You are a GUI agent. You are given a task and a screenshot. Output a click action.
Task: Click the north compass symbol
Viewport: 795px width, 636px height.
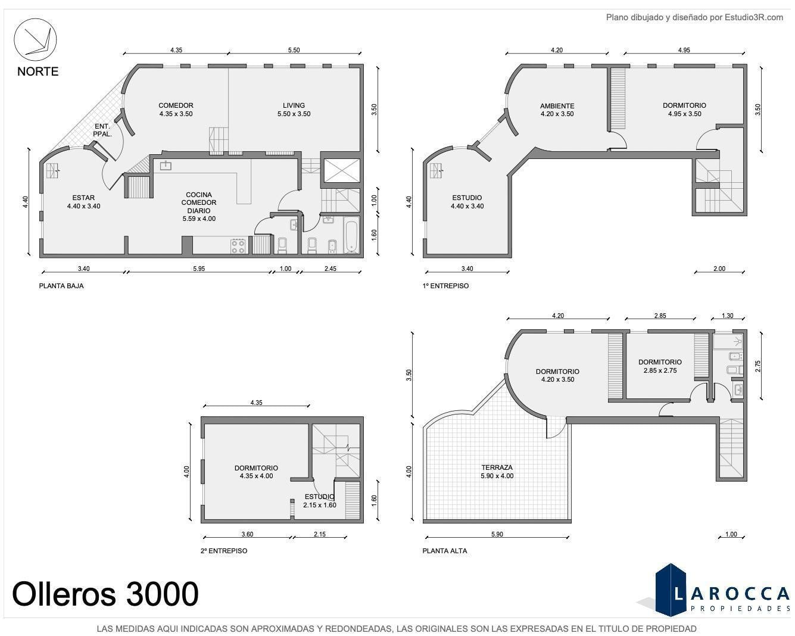tap(35, 39)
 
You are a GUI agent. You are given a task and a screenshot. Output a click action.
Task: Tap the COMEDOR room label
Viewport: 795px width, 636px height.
tap(176, 105)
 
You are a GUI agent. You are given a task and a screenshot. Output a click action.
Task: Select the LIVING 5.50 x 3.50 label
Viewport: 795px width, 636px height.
tap(294, 110)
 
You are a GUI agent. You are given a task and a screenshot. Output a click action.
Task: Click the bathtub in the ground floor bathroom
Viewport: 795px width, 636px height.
tap(351, 235)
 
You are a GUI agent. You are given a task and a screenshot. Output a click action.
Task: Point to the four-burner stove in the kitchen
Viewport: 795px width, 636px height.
tap(238, 246)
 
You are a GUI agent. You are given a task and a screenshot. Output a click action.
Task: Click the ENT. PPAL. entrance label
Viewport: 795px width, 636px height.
tap(102, 130)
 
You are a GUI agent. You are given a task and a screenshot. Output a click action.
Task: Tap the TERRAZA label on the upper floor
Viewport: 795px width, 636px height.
tap(497, 467)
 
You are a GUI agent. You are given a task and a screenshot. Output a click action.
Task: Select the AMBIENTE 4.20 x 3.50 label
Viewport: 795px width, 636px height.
tap(557, 110)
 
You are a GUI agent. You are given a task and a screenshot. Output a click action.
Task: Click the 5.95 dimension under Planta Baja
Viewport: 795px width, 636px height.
tap(199, 269)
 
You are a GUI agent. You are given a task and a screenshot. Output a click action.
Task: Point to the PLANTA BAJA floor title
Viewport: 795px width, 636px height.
tap(61, 286)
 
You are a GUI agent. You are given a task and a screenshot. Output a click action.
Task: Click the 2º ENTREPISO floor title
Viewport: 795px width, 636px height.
tap(224, 551)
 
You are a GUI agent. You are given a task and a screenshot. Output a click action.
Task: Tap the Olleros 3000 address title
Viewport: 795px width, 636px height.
tap(105, 594)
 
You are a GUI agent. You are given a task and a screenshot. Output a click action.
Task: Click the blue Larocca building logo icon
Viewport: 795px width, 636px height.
tap(671, 591)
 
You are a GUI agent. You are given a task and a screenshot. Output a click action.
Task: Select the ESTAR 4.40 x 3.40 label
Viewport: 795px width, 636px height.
tap(83, 202)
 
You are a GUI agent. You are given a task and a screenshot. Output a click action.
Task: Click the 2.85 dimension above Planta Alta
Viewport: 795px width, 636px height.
tap(660, 316)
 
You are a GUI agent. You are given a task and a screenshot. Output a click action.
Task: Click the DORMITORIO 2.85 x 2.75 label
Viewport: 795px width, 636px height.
tap(660, 366)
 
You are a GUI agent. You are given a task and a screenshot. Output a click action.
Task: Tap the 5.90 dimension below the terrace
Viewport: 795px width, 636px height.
tap(497, 534)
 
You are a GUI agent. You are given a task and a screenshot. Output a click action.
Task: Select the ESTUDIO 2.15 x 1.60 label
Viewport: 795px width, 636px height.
tap(320, 501)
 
